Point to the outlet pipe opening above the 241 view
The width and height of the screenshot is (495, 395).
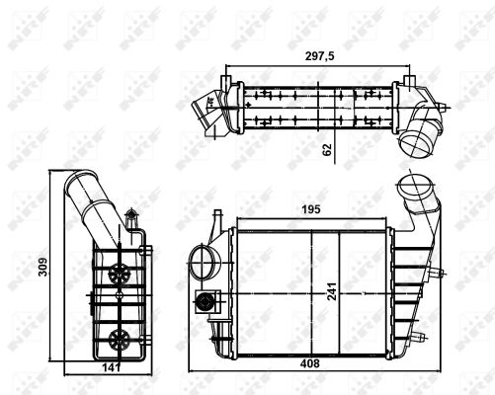pos(410,187)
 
